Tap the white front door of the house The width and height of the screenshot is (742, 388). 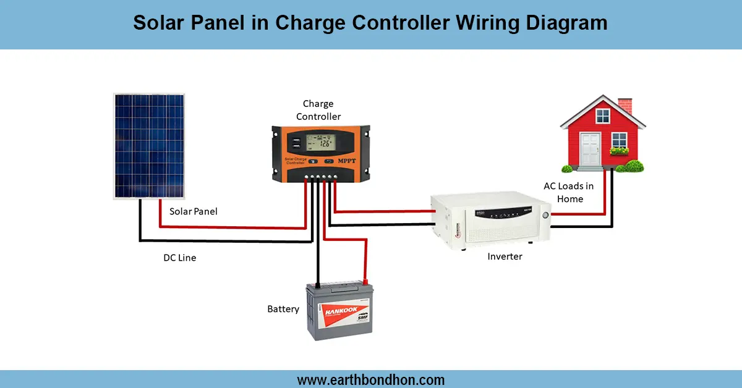tap(591, 147)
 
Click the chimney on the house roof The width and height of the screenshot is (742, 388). tap(625, 106)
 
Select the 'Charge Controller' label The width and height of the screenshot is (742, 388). tap(318, 110)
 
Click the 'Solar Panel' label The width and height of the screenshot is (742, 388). tap(194, 211)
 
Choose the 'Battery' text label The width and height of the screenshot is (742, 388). tap(283, 309)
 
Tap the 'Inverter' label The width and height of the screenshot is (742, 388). tap(505, 256)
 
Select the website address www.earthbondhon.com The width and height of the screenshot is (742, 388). tap(371, 379)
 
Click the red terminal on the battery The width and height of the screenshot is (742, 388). tap(365, 282)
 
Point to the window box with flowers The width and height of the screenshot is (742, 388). tap(619, 150)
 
